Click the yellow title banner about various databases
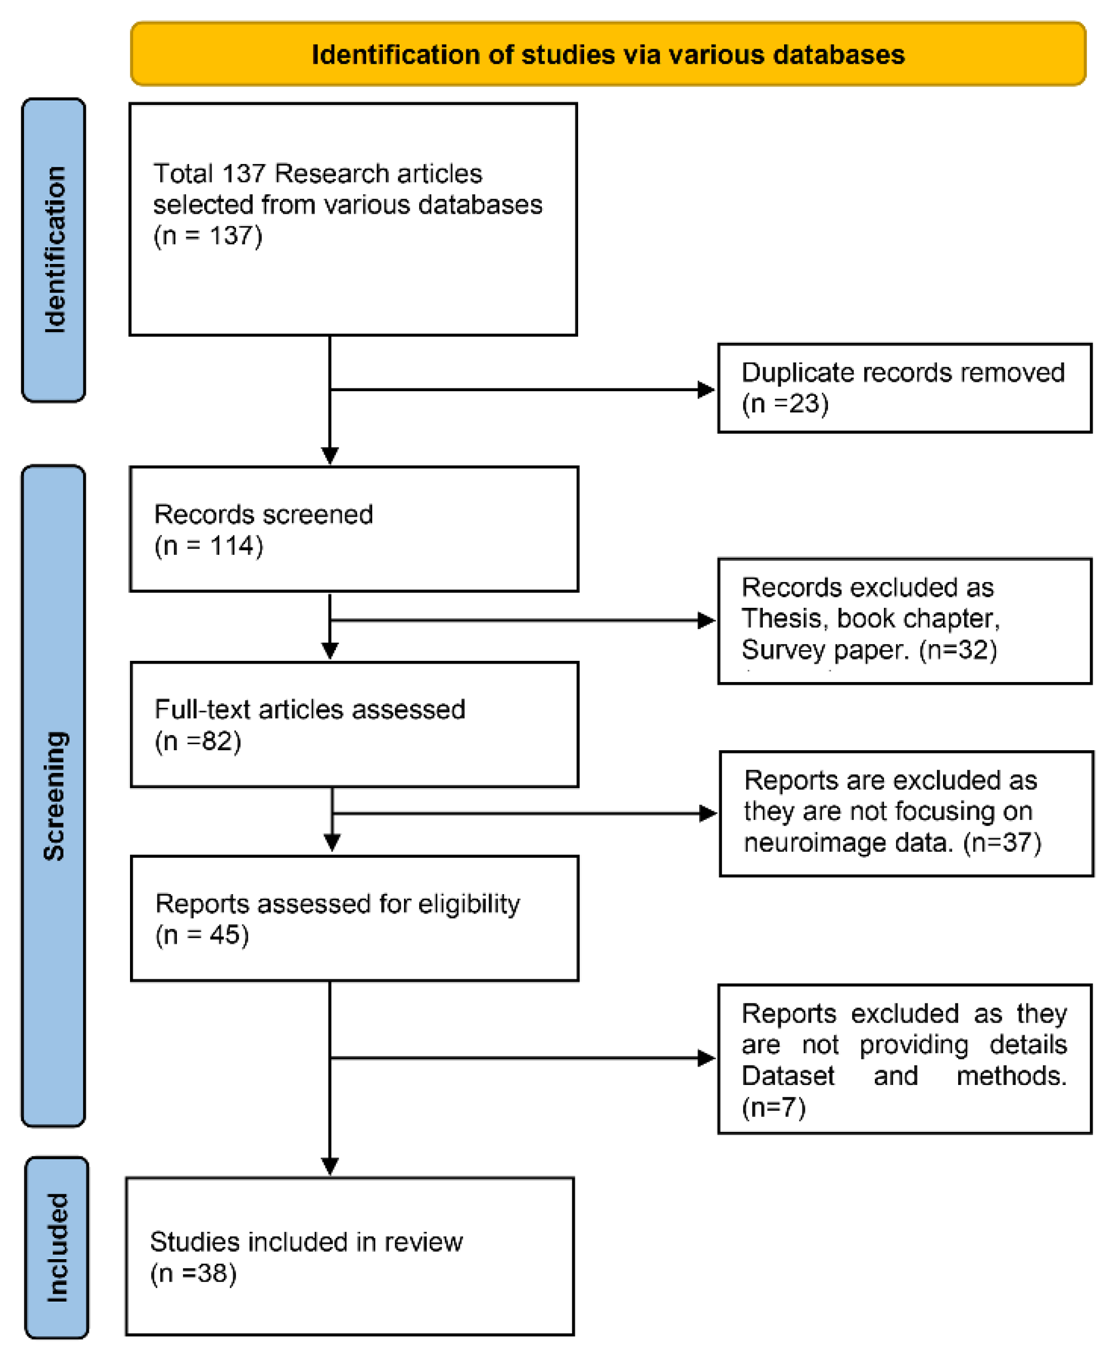point(608,54)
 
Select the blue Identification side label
point(54,249)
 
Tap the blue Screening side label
point(54,796)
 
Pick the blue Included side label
point(56,1247)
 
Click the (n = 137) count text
point(208,236)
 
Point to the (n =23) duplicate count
point(785,404)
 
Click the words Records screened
point(263,515)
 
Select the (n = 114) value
point(209,546)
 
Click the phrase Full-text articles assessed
point(310,710)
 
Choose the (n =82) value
point(198,741)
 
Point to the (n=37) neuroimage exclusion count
point(1002,842)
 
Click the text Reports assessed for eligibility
point(338,904)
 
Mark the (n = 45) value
point(202,935)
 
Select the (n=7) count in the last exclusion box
point(773,1107)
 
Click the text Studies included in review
point(306,1242)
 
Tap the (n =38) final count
point(194,1273)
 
